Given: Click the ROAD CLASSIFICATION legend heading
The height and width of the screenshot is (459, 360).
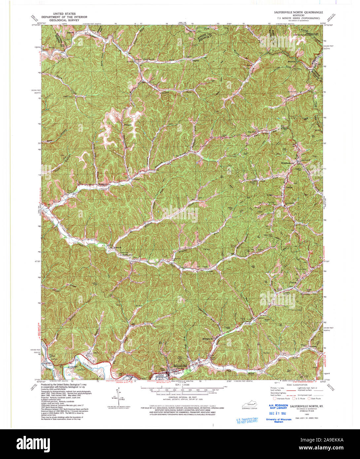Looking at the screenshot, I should coord(297,385).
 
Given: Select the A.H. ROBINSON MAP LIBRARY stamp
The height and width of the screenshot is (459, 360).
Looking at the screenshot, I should coord(278,406).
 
